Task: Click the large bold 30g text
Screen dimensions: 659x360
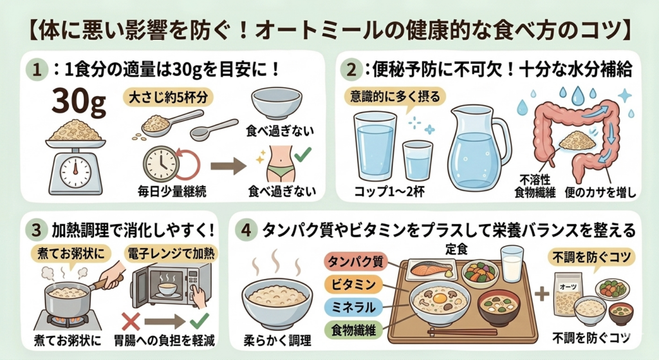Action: click(79, 102)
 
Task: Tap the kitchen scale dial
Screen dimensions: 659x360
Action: click(76, 172)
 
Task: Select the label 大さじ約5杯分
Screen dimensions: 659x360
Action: click(168, 98)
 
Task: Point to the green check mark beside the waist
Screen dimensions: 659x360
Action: click(302, 155)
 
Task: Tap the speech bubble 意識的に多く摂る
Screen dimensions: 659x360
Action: click(394, 97)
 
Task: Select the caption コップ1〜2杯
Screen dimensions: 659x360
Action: click(389, 192)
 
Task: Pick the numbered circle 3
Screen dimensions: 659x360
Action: click(37, 230)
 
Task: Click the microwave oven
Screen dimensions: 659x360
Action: click(171, 285)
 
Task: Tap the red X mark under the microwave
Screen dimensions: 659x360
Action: click(131, 322)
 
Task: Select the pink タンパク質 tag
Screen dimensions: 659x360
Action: click(355, 262)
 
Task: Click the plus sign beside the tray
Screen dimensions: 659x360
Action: click(542, 294)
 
